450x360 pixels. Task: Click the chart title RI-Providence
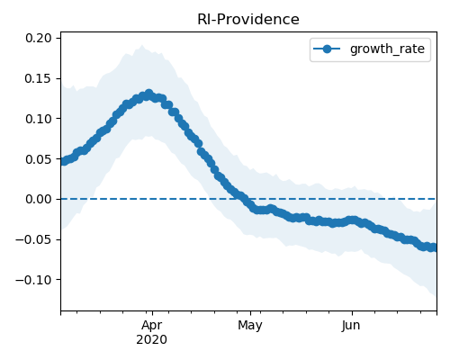click(248, 20)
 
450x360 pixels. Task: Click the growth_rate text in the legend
click(387, 49)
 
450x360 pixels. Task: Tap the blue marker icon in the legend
click(327, 49)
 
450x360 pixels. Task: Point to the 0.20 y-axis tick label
click(39, 39)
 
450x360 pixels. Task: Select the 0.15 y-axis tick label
click(39, 78)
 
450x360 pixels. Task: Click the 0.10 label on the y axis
click(39, 119)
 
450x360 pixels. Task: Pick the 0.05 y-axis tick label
click(39, 159)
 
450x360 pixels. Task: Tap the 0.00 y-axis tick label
click(39, 199)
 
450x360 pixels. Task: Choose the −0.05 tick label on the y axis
click(33, 239)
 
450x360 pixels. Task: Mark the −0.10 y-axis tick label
click(33, 280)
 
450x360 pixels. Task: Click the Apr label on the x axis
click(152, 326)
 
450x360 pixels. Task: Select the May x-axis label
click(250, 326)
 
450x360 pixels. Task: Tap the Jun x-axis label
click(351, 325)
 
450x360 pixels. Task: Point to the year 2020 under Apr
click(152, 340)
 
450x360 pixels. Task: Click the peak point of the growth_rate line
click(148, 94)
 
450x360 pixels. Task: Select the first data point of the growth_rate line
click(64, 161)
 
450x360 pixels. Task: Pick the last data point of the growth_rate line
click(434, 247)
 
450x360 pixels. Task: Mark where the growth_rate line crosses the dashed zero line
click(241, 199)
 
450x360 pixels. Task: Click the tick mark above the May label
click(251, 313)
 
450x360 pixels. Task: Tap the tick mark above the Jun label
click(352, 313)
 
